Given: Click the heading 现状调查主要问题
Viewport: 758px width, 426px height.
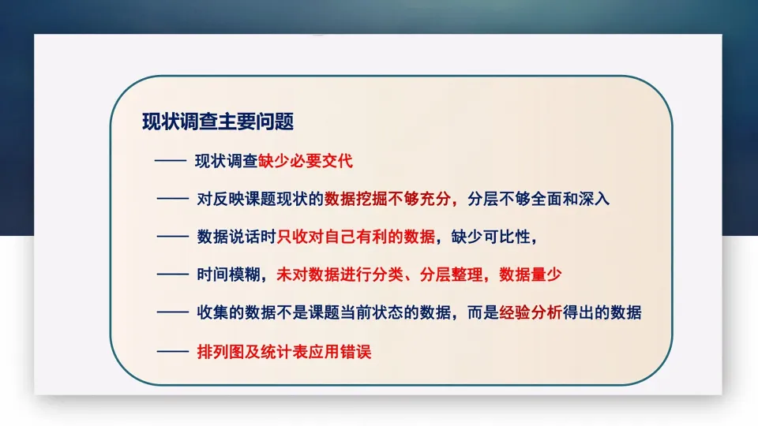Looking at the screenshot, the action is (218, 121).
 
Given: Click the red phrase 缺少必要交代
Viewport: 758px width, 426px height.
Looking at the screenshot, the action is (306, 161).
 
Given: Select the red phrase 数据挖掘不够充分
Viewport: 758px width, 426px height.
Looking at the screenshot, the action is (388, 199).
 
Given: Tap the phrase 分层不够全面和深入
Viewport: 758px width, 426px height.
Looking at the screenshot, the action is (538, 199).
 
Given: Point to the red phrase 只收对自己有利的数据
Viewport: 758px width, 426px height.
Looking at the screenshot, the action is (356, 237).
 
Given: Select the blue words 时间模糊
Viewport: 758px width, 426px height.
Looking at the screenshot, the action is (228, 275).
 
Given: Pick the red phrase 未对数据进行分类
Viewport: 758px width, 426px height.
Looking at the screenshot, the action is (340, 275).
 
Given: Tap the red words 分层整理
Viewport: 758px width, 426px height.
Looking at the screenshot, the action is (451, 275).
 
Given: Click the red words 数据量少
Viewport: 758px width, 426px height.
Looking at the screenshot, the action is (531, 275).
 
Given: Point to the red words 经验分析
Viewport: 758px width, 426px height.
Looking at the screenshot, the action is (531, 312).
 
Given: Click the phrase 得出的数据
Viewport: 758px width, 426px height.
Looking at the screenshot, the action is (602, 312).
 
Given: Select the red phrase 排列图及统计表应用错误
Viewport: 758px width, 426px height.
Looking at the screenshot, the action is (284, 352).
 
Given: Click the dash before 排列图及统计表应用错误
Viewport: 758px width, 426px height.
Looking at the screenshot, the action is (173, 352).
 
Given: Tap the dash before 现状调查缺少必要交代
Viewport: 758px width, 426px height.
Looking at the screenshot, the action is (171, 160).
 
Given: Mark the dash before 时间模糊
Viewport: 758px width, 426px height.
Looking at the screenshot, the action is (173, 275).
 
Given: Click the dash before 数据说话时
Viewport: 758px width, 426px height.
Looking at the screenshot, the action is (173, 237).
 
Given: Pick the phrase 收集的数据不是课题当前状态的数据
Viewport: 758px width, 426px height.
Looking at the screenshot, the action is (324, 312).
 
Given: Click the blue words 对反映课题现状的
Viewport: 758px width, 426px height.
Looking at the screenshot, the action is (260, 199).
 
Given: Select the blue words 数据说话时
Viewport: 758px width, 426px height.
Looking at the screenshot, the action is (236, 237).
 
